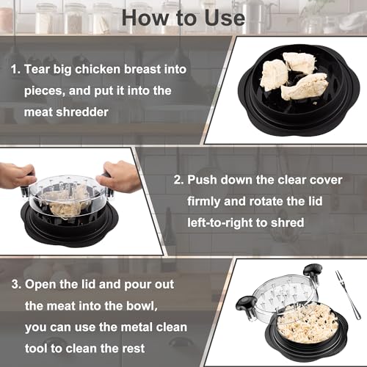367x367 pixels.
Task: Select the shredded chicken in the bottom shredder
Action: click(308, 321)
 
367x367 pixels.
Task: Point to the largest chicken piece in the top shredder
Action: click(305, 87)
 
